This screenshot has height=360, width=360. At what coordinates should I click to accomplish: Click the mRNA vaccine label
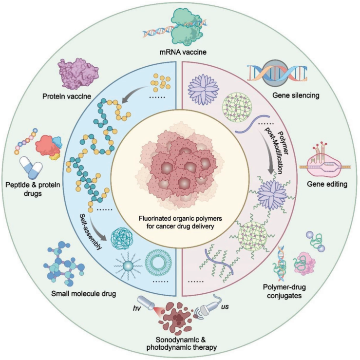click(183, 52)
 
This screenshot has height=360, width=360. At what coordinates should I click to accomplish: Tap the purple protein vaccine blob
click(78, 74)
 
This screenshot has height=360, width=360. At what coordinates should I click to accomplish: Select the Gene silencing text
click(296, 95)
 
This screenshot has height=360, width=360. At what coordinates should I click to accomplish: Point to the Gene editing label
click(327, 184)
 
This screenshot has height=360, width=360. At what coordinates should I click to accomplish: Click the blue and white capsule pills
click(31, 168)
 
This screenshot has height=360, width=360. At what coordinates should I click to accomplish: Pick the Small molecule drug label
click(84, 294)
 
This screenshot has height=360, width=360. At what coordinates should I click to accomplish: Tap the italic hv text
click(136, 308)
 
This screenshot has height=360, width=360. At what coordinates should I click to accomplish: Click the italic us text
click(225, 306)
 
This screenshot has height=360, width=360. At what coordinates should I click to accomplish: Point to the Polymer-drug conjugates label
click(284, 291)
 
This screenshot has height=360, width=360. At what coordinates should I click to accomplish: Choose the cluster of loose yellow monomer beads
click(160, 82)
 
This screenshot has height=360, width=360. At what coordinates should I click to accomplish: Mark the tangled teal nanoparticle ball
click(122, 239)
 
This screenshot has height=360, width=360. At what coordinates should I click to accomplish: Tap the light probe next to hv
click(146, 303)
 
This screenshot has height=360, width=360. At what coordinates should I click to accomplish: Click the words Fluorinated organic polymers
click(180, 218)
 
